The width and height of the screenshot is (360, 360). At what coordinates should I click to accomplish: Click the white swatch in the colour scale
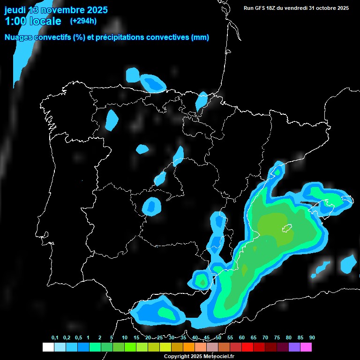point(48,347)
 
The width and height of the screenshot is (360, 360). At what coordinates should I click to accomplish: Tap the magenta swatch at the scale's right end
point(306,347)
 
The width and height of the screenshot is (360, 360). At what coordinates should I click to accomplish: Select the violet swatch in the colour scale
point(294,347)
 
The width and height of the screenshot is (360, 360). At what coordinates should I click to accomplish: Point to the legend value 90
point(312,337)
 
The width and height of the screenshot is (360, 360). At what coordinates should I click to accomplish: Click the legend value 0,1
point(55,337)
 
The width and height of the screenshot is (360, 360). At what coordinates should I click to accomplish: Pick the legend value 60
point(242,337)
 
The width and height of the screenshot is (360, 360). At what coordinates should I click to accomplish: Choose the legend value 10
point(124,337)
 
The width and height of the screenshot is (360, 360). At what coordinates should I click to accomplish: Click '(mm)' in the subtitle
point(200,37)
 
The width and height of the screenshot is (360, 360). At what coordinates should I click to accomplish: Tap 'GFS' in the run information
point(260,8)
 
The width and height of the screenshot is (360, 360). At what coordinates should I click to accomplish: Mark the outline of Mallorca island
point(286,229)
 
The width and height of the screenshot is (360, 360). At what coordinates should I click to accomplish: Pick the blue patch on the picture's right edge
point(349,263)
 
